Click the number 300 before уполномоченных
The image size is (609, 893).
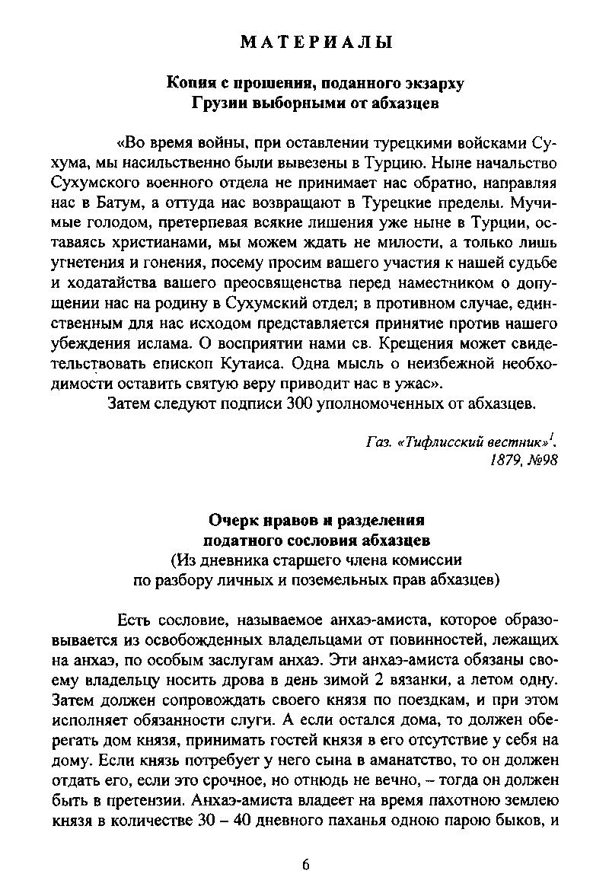coord(293,401)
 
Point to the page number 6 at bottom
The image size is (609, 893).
coord(305,864)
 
